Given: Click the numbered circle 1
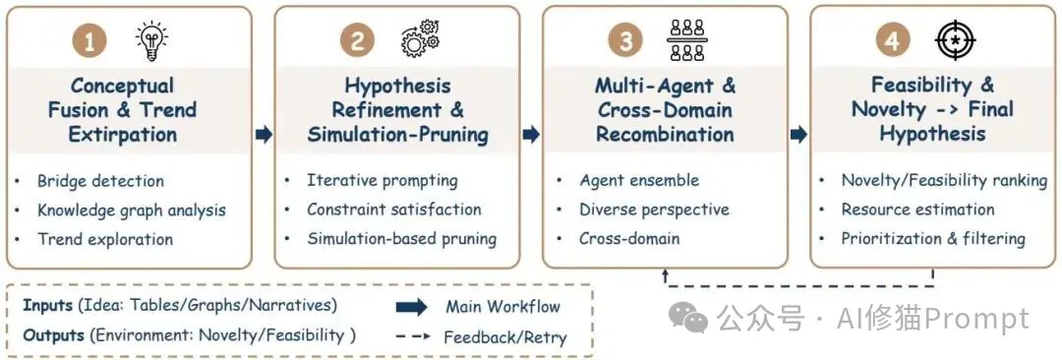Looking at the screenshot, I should coord(90,41).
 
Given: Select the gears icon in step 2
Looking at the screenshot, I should coord(421,40).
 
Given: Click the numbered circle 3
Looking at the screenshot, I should coord(625,41).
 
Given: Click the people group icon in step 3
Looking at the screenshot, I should coord(686,40).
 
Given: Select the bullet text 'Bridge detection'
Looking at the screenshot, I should coord(100,181).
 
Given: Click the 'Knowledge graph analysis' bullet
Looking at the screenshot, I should coord(131,210).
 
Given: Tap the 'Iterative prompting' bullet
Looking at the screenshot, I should coord(382,180).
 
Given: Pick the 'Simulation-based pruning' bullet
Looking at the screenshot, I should coord(401,238).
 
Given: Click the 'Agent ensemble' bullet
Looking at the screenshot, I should coord(639,180).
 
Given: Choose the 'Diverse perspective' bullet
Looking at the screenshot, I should coord(654,210).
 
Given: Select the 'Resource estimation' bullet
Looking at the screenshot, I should coord(917,210).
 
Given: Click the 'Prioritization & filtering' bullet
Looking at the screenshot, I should coord(933,238).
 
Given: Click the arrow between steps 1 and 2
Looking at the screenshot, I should coord(264,135).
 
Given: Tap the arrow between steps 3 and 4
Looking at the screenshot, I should coord(799,135).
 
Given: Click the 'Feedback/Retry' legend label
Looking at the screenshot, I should coord(504,337).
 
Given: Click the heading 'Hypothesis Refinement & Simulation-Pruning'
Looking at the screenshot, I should coord(397,110).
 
